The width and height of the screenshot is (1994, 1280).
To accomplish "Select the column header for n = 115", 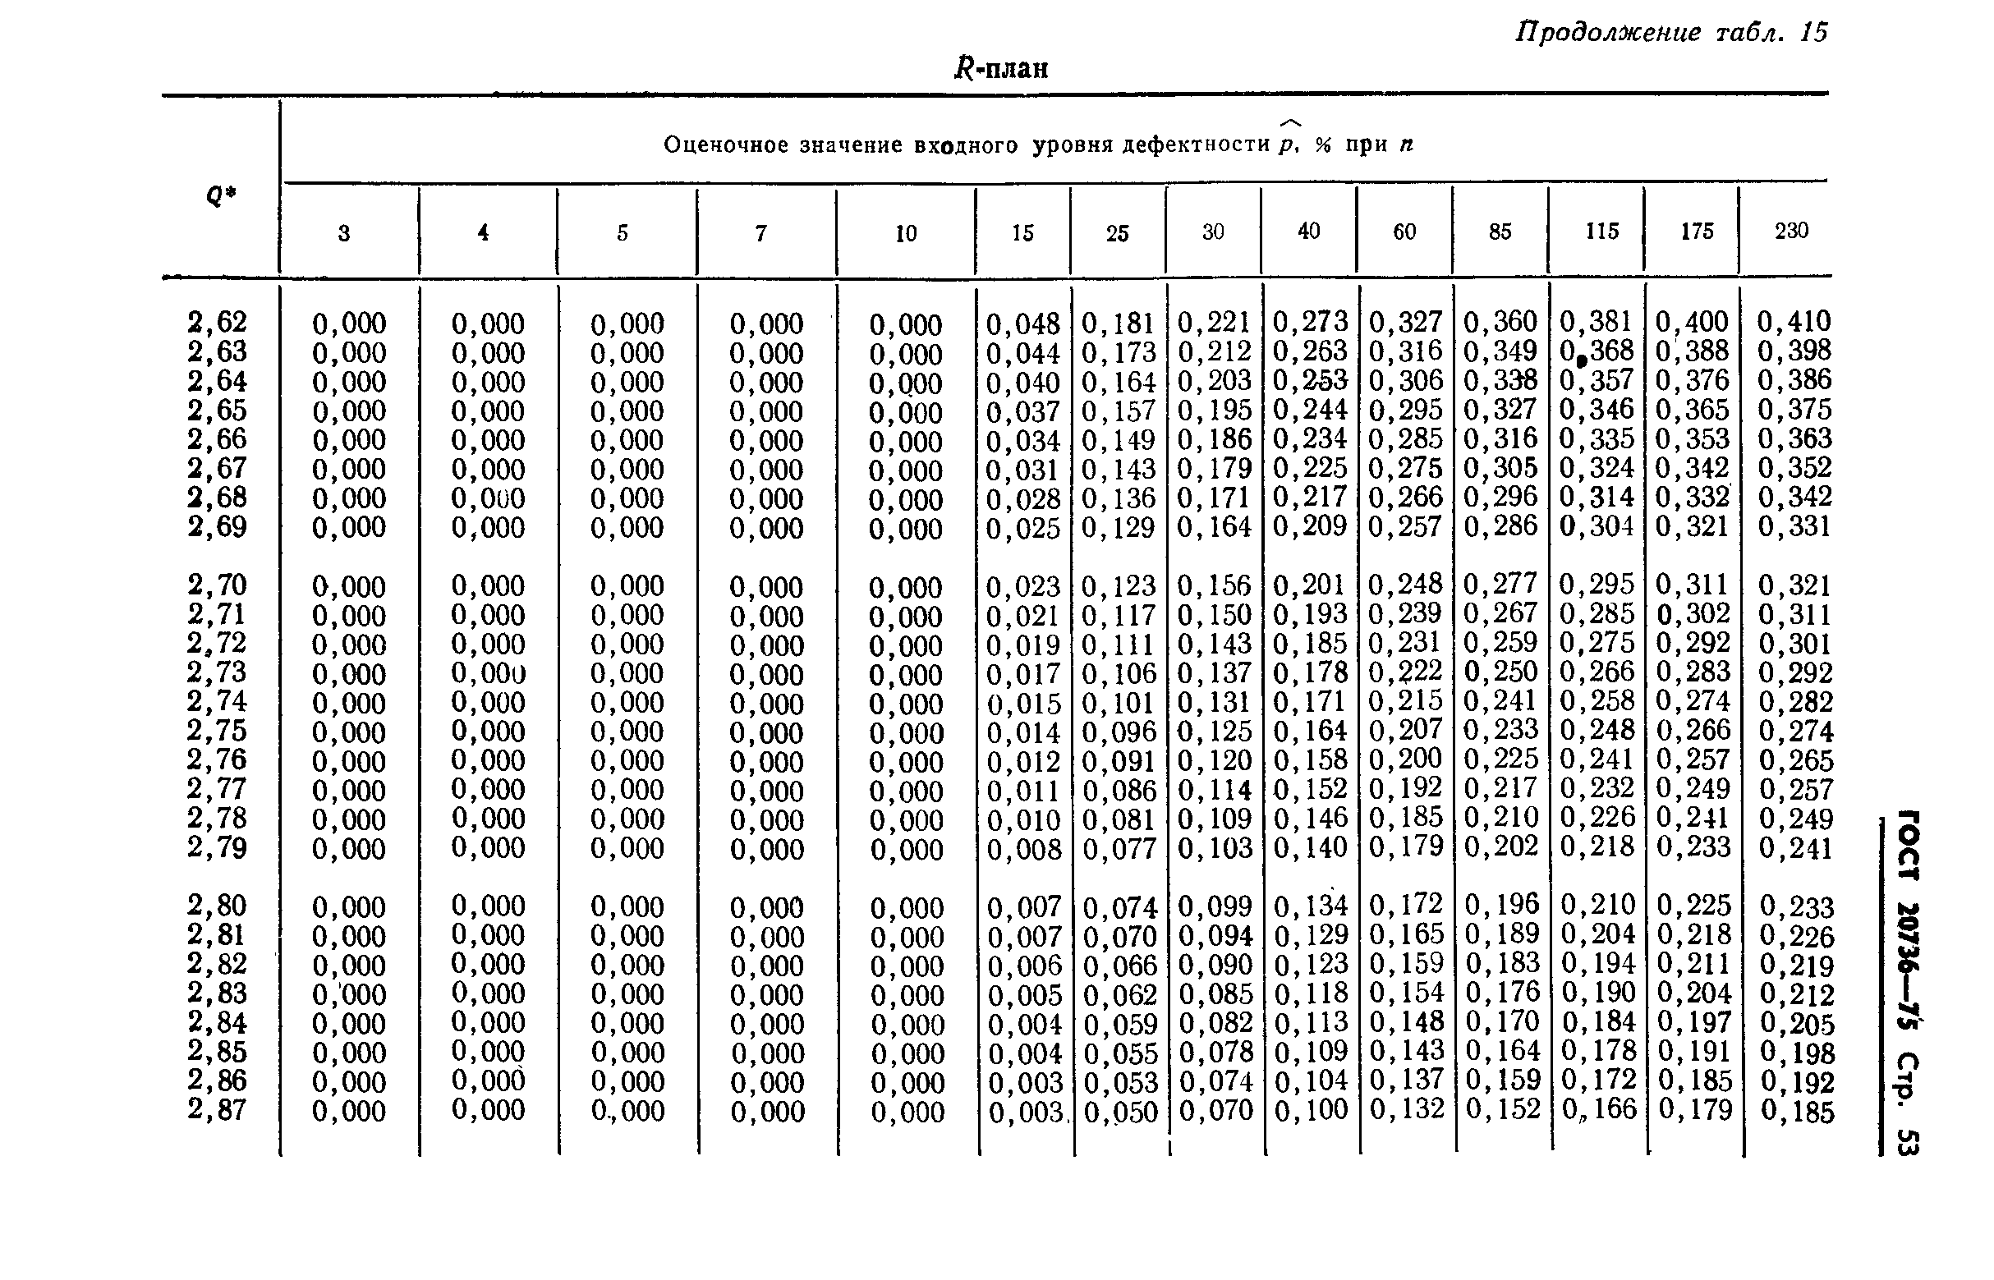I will [1601, 231].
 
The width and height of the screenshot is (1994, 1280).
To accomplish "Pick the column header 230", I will [1791, 231].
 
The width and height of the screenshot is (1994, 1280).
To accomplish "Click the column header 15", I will [1022, 233].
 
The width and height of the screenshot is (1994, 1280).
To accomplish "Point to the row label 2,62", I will [217, 322].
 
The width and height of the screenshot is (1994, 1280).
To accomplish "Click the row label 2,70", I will [217, 585].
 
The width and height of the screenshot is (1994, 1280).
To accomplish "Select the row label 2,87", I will [217, 1109].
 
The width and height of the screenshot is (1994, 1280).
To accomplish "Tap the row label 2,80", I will [217, 905].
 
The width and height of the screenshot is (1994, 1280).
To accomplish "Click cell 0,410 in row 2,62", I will [1794, 322].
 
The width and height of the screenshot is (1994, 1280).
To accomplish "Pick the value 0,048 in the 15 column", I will [1023, 323].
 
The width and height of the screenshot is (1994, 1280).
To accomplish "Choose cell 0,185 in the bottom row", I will [1796, 1111].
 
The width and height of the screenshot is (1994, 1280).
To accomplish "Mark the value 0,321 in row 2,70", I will [1794, 586].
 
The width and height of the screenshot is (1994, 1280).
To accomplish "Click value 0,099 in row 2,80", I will [1215, 905].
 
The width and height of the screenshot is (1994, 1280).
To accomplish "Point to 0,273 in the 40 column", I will [1310, 322].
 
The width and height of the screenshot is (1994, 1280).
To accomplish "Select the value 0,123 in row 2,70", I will [1119, 586].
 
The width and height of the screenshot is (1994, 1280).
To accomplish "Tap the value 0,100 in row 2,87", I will [1311, 1109].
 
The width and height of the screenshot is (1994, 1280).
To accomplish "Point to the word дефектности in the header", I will [1195, 145].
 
